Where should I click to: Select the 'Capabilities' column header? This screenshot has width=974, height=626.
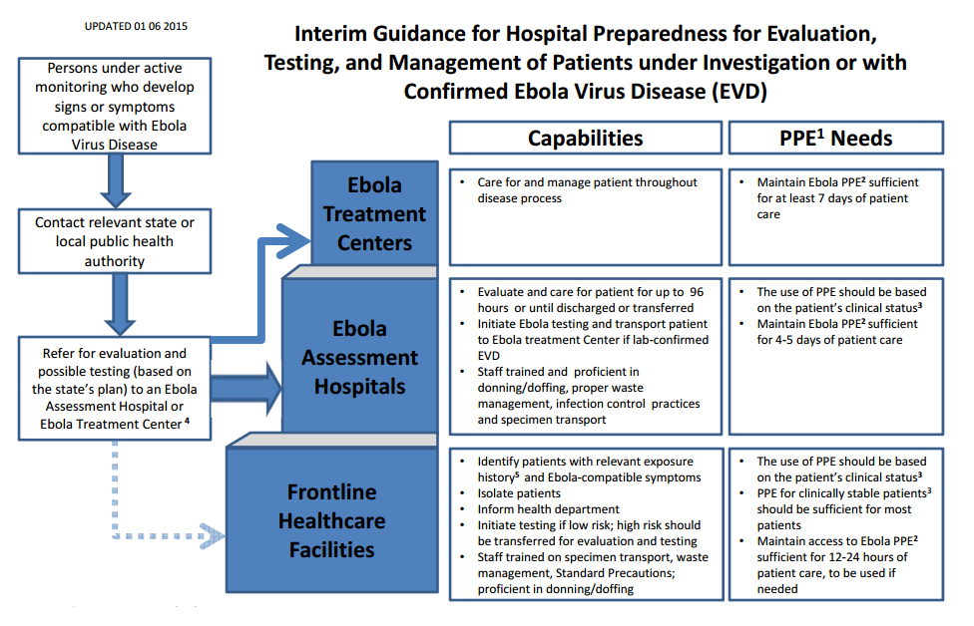click(x=585, y=139)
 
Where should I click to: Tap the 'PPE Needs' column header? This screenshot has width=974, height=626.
click(x=835, y=139)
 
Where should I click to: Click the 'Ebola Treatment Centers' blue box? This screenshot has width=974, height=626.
click(x=373, y=213)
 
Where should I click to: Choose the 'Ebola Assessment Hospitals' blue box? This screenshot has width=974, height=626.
click(x=359, y=357)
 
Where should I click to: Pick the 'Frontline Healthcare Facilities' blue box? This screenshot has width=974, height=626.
click(x=331, y=520)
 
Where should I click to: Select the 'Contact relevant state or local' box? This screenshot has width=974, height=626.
click(x=115, y=241)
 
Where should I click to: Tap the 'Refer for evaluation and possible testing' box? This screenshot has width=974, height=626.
click(x=115, y=389)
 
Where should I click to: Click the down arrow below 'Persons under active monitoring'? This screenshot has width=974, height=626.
click(x=115, y=180)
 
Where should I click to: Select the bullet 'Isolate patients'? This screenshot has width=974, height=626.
click(x=519, y=493)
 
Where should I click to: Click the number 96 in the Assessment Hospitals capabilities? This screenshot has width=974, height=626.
click(x=697, y=292)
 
